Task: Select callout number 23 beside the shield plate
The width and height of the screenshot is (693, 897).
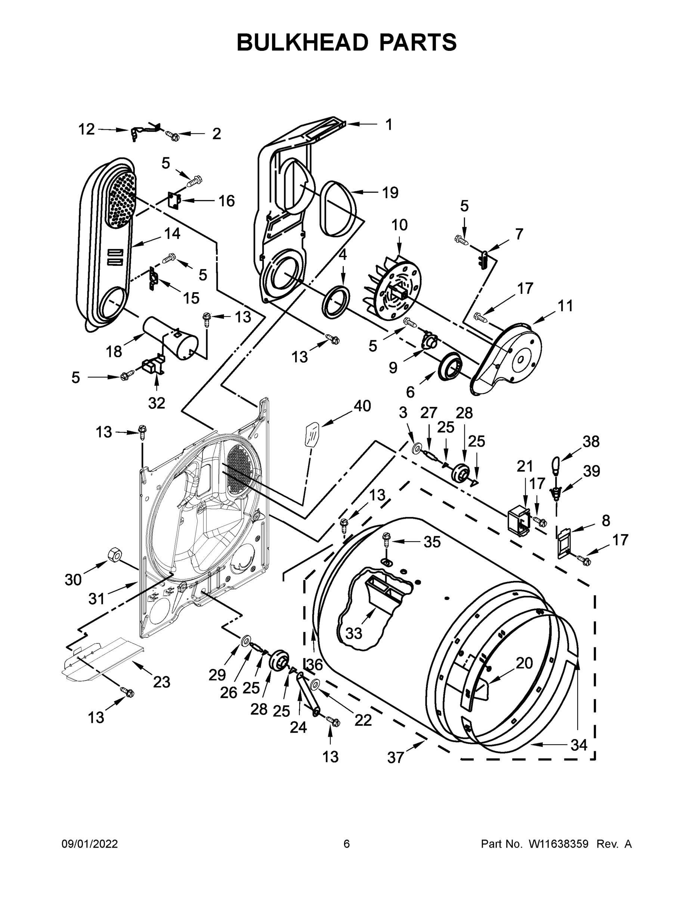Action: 161,682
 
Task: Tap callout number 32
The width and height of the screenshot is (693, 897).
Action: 157,403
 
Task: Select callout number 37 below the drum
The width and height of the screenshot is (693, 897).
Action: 395,757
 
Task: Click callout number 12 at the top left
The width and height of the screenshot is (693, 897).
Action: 87,129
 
